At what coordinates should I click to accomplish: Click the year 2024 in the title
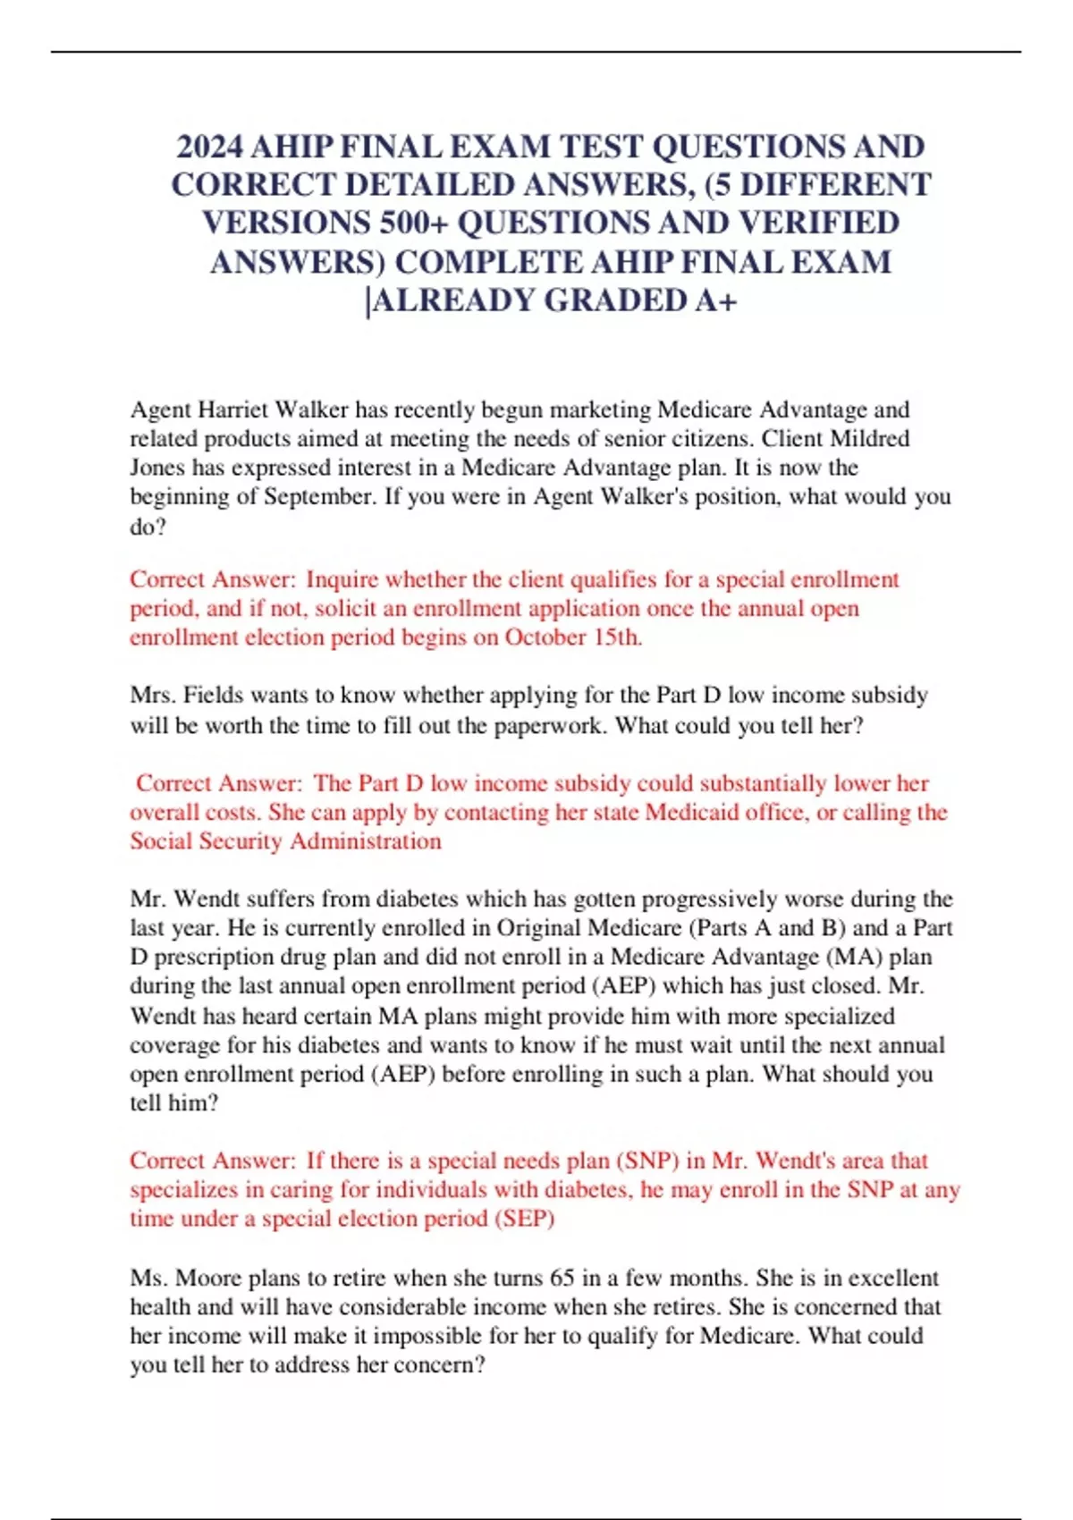pos(210,147)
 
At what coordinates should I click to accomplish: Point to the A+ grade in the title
pos(715,300)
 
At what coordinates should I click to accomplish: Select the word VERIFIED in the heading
pos(813,223)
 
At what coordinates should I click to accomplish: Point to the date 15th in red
pos(617,638)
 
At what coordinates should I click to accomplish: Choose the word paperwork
pos(546,725)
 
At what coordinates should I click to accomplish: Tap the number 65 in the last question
pos(562,1278)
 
